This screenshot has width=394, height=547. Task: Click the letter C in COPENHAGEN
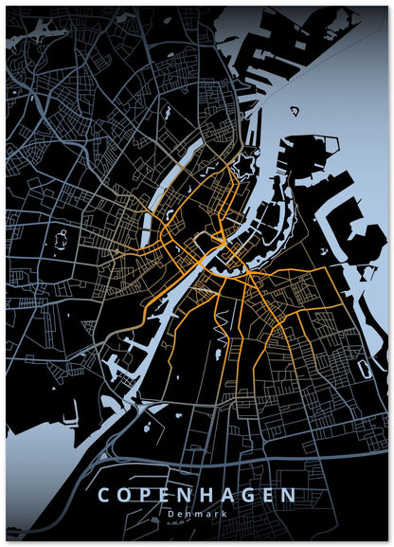click(105, 496)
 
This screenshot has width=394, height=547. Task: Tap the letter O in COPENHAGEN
click(126, 496)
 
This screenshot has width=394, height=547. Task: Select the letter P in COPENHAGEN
click(147, 496)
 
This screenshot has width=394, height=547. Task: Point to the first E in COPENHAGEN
click(167, 496)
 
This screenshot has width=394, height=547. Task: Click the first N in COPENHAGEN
click(187, 496)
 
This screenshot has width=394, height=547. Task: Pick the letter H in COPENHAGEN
click(207, 496)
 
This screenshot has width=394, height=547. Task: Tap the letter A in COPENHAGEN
click(228, 496)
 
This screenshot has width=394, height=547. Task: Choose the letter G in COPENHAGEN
click(249, 496)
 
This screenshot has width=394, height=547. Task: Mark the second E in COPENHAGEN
click(269, 496)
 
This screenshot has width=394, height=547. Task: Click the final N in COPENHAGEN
click(289, 496)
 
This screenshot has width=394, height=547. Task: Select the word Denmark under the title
click(197, 514)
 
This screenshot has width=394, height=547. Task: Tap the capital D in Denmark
click(168, 514)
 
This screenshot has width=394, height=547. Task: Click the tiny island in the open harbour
click(294, 111)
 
